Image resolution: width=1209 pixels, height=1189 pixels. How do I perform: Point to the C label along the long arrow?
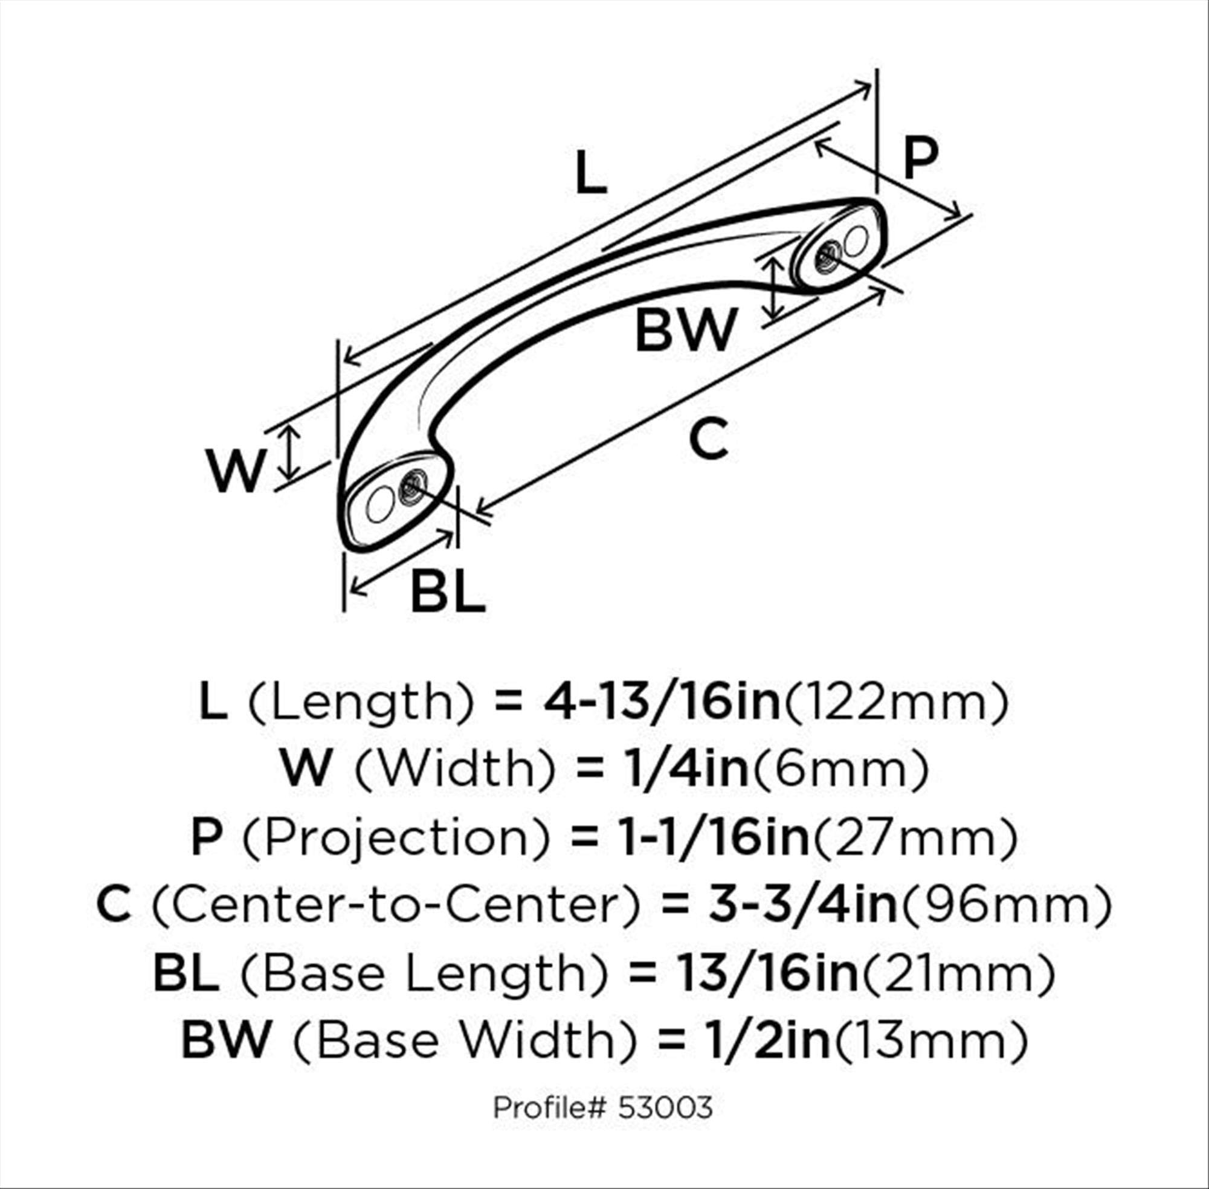coord(709,439)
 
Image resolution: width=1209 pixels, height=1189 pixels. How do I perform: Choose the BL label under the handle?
coord(448,591)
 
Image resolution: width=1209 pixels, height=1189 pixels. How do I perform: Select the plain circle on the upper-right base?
coord(856,240)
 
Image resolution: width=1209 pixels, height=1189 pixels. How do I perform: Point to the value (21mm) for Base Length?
coord(959,974)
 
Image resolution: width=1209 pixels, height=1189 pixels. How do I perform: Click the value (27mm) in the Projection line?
coord(914,839)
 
